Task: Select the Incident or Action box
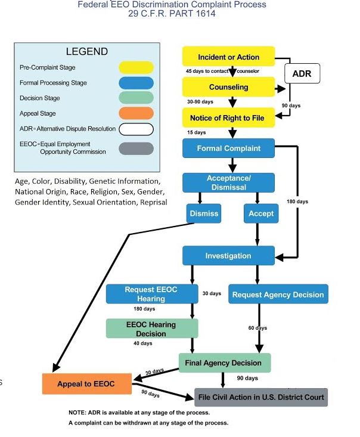229,57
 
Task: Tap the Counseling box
229,87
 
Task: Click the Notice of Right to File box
229,117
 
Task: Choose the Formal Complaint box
229,148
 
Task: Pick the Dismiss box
203,213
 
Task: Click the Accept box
260,213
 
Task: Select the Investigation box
228,256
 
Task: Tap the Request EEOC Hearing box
151,294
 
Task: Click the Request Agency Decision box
278,295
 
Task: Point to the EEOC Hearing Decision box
151,328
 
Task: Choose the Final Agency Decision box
224,362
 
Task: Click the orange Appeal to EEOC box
86,384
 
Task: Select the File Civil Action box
261,397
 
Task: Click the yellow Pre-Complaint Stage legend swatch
136,68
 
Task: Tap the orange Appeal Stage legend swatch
136,113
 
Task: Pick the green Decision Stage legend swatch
136,98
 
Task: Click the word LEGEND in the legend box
87,52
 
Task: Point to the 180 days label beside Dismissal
297,202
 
